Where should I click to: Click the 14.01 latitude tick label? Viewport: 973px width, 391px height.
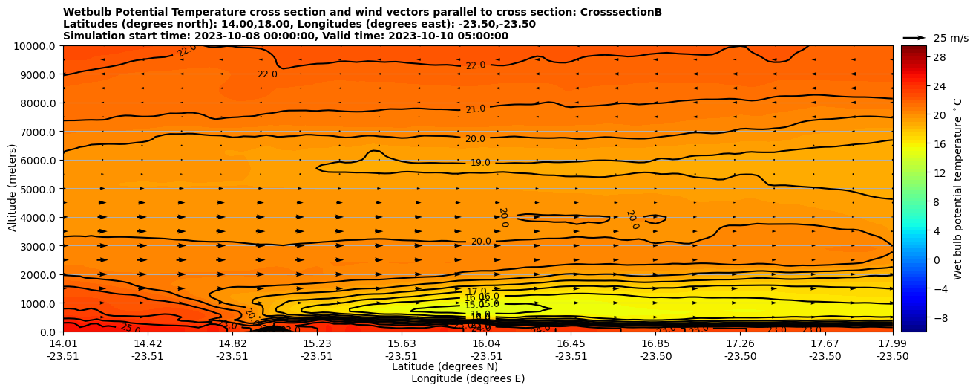(x=63, y=344)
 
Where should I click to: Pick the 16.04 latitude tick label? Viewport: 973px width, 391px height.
(x=486, y=344)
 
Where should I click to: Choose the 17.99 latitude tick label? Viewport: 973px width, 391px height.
(x=892, y=344)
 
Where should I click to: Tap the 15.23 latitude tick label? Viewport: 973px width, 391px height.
(x=317, y=344)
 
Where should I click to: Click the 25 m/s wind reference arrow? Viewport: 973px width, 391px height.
(x=914, y=38)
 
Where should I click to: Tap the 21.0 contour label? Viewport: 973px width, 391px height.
(x=476, y=109)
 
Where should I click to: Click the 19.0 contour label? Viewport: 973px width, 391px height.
(x=480, y=163)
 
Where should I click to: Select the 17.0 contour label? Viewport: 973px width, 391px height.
(x=476, y=292)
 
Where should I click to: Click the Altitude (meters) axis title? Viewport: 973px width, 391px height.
(x=13, y=189)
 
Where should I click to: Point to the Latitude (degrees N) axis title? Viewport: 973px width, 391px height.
(x=445, y=366)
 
